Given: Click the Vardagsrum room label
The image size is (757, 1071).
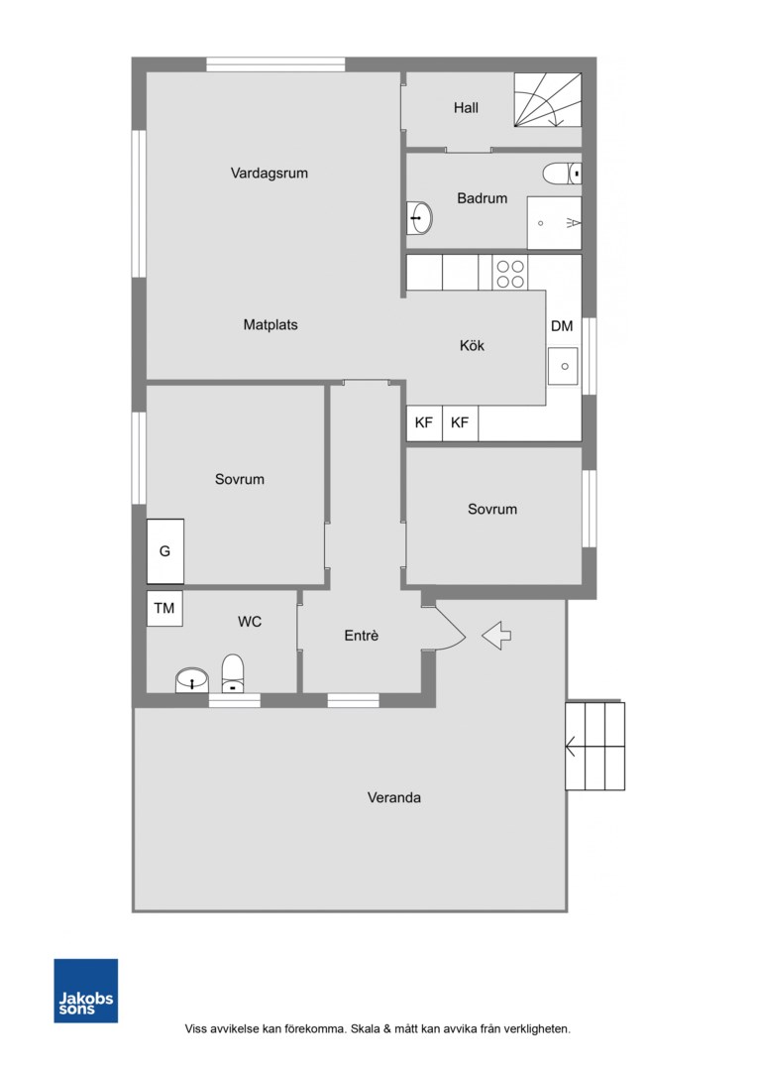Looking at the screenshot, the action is coord(269,174).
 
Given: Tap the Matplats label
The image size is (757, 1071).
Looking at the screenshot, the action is coord(270,325).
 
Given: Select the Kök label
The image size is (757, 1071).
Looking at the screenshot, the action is coord(472,346).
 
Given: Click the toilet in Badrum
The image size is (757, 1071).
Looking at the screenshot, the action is coord(562,174).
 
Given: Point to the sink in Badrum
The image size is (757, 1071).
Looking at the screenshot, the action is coord(419,218).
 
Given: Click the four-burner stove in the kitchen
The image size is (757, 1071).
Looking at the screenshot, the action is coord(510,274).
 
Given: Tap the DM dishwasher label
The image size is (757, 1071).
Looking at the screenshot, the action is coord(562,326).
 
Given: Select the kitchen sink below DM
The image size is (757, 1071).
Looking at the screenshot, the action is coord(564,366).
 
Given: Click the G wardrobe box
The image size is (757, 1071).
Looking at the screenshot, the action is coord(165,551).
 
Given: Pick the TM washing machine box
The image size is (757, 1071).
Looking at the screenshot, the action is coord(164,608).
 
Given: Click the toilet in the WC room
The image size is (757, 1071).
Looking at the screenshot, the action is coord(233,674).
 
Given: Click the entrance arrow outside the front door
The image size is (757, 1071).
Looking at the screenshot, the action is coord(496,636).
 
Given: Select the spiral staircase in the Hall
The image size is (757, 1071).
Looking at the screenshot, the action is coord(548,100).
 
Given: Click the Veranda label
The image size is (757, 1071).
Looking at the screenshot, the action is coord(394,797).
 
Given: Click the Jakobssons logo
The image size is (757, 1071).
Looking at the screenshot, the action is coord(86,991).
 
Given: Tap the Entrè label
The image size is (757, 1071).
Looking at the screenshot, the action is coord(361,636).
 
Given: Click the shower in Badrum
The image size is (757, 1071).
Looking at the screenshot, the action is coord(554,223).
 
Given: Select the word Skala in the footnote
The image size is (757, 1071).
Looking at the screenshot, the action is coord(366,1028).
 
